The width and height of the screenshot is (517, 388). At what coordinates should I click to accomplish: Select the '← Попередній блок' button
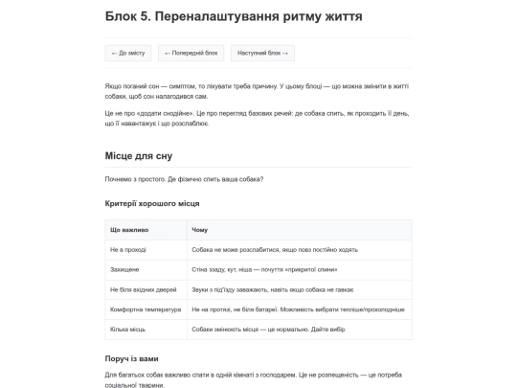[191, 53]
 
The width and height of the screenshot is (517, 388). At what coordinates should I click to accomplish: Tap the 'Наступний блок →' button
[261, 53]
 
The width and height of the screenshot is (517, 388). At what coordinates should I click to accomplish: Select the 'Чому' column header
[199, 230]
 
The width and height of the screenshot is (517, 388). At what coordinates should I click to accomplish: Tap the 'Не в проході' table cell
[129, 249]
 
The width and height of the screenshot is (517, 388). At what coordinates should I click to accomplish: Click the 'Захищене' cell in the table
[126, 269]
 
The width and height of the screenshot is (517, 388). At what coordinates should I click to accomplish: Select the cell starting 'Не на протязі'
[297, 309]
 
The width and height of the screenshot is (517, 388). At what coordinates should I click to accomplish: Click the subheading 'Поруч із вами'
[132, 358]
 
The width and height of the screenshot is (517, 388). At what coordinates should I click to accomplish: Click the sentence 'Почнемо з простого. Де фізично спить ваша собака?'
[185, 179]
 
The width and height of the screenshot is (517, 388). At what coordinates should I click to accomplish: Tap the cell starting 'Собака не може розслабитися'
[275, 249]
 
